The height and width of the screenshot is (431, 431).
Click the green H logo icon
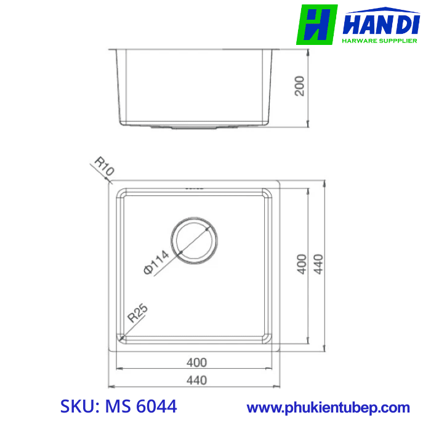coord(316,25)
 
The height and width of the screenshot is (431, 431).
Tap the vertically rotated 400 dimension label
coord(301,264)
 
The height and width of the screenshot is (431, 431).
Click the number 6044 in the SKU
coord(156,407)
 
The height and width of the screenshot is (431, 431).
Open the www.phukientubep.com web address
coord(328,408)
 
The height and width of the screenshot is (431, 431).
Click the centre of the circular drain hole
coord(195,239)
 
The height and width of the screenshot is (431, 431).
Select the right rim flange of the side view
coord(275,49)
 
